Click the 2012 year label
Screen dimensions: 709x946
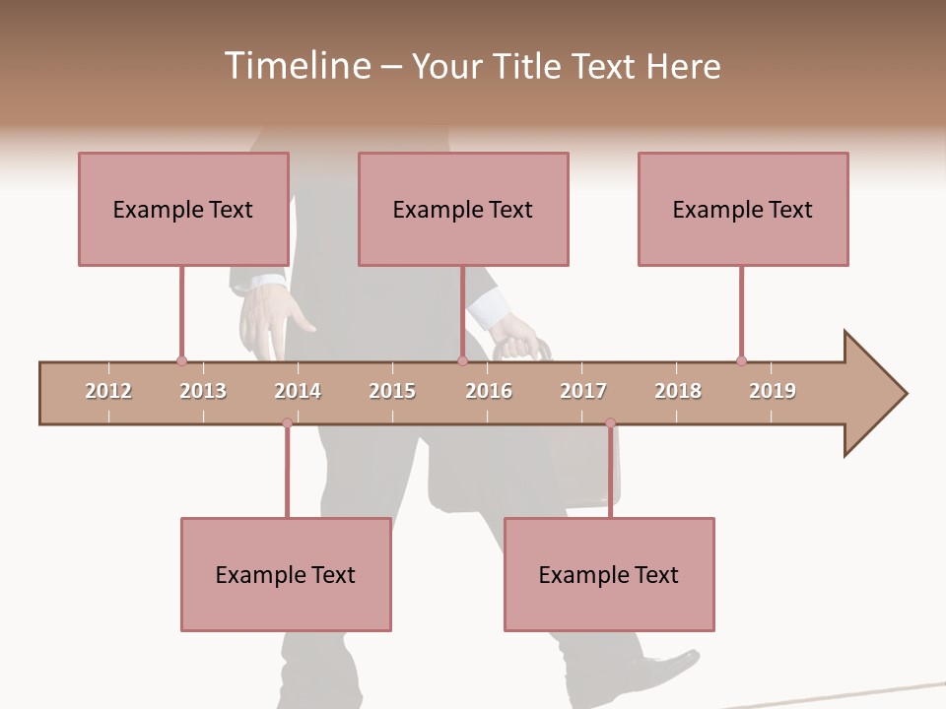(x=108, y=391)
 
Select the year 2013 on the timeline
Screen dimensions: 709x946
(x=203, y=391)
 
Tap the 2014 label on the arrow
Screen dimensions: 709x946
(x=298, y=391)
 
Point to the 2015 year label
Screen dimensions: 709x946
(x=392, y=391)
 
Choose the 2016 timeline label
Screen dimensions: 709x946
(x=489, y=391)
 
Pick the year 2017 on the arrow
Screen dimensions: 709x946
(x=583, y=391)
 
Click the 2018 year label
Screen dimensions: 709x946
(x=678, y=391)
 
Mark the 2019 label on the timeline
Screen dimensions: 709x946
(x=773, y=391)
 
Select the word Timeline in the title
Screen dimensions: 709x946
(x=296, y=66)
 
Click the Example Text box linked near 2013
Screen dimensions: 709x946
(x=183, y=209)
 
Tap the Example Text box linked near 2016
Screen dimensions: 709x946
(x=463, y=209)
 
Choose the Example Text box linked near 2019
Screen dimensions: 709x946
(x=743, y=209)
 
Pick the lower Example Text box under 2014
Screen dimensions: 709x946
(x=286, y=574)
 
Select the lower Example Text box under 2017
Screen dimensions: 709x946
(x=609, y=574)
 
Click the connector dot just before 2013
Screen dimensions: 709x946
(x=181, y=360)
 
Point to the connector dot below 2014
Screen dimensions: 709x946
(x=287, y=423)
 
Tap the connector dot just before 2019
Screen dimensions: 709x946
(x=741, y=360)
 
